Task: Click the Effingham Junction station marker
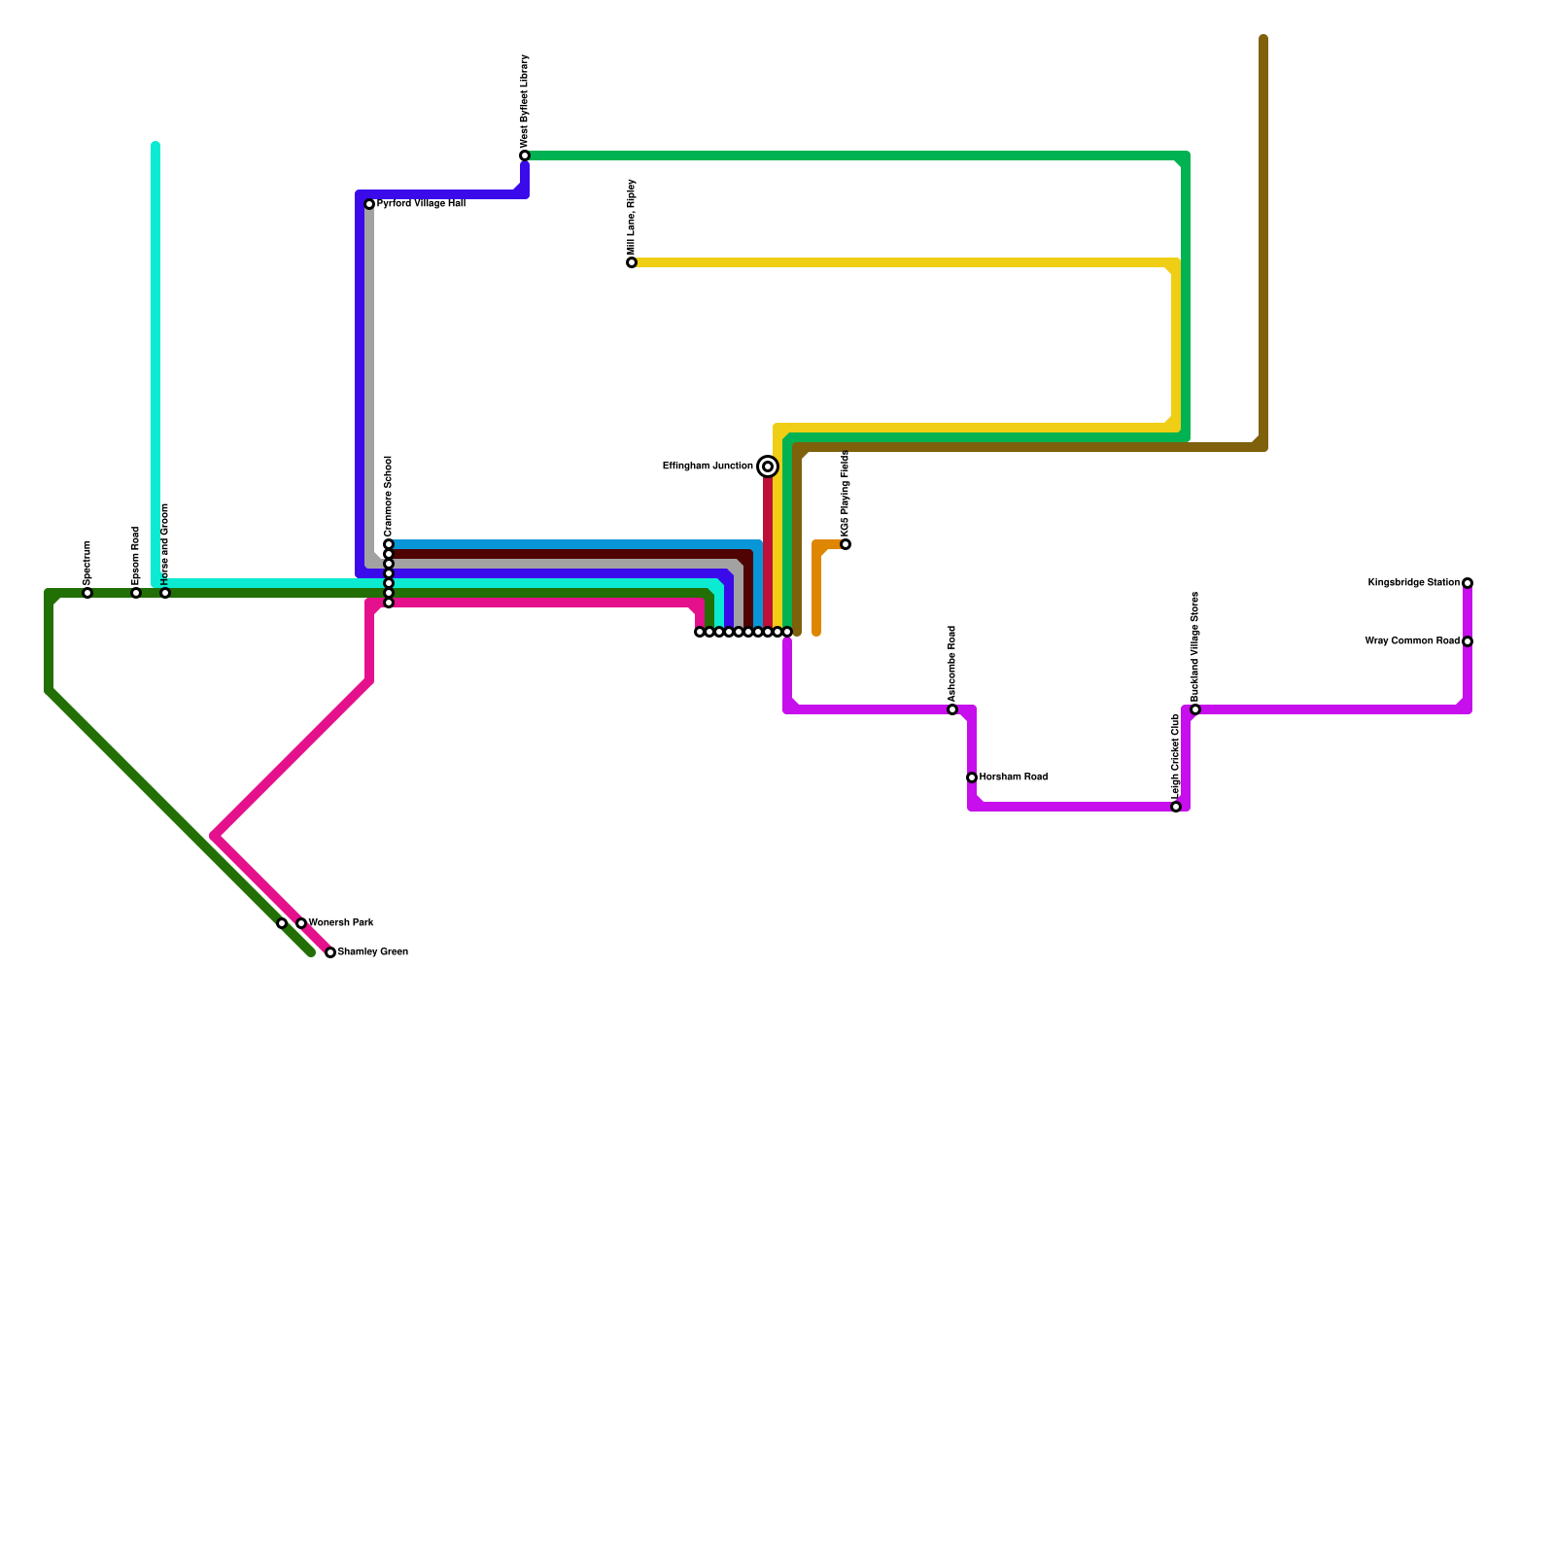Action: pyautogui.click(x=768, y=466)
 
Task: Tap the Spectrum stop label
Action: pyautogui.click(x=87, y=562)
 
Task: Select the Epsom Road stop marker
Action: pyautogui.click(x=136, y=593)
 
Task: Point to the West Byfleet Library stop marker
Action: pyautogui.click(x=525, y=155)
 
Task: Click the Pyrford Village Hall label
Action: pyautogui.click(x=421, y=204)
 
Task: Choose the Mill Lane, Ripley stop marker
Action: pyautogui.click(x=632, y=262)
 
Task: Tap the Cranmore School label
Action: pyautogui.click(x=389, y=496)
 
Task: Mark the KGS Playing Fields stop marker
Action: pyautogui.click(x=846, y=544)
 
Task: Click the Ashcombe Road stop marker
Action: pyautogui.click(x=952, y=709)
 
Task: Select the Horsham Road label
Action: pyautogui.click(x=1013, y=777)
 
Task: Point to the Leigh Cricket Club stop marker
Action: pyautogui.click(x=1176, y=807)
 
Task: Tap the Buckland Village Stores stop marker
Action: pyautogui.click(x=1195, y=709)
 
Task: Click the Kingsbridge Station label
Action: pyautogui.click(x=1413, y=583)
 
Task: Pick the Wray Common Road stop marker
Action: pyautogui.click(x=1468, y=641)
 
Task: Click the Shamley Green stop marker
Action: pyautogui.click(x=330, y=952)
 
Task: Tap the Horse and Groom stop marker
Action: pyautogui.click(x=165, y=593)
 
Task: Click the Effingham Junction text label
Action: pyautogui.click(x=708, y=466)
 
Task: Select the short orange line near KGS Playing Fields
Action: pyautogui.click(x=816, y=593)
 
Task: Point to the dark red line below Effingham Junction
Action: pyautogui.click(x=768, y=554)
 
